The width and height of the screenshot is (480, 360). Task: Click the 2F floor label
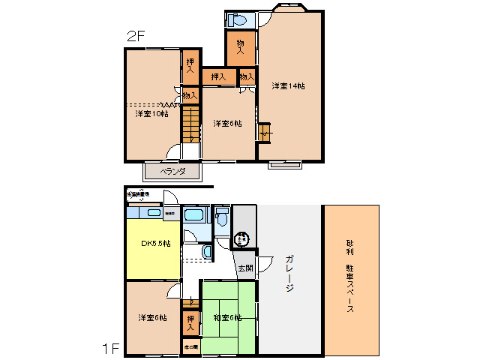coord(135,35)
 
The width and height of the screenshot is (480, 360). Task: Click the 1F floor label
coord(110,348)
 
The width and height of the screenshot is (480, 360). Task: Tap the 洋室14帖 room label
coord(288,85)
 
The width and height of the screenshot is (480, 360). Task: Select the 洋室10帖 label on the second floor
coord(151,114)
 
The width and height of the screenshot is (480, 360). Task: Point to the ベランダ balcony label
coord(172,172)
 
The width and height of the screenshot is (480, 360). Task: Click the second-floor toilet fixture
coord(237,20)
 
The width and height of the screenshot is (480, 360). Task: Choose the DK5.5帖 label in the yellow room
coord(156,244)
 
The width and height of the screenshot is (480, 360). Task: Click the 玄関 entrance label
coord(245,268)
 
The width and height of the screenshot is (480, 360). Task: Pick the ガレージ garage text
coord(289,274)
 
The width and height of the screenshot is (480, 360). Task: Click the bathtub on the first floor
coord(196,216)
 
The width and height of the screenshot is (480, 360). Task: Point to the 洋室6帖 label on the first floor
coord(151,318)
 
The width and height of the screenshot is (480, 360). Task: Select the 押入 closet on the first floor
coord(190,323)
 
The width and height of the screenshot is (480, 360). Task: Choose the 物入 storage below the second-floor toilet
coord(241,45)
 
